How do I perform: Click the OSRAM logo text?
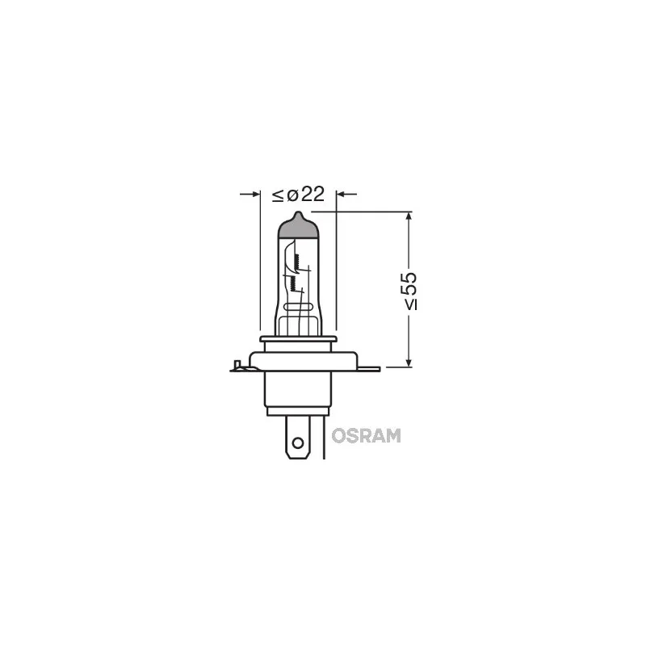[364, 435]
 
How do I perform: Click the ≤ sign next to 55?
[409, 304]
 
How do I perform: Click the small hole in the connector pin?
[297, 443]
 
